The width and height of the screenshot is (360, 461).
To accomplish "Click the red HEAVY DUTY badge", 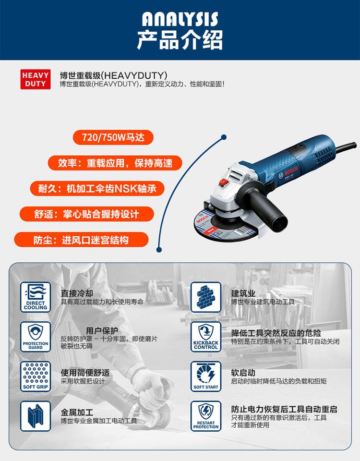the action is point(35,79).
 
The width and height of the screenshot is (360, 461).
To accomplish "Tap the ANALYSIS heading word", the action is point(180,19).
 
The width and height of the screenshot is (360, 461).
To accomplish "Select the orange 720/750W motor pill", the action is point(113,137).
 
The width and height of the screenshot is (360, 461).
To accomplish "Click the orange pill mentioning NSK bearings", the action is point(97,188).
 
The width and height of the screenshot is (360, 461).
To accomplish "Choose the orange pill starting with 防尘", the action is point(81,240).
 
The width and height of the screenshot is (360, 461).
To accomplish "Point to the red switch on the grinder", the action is point(224,182).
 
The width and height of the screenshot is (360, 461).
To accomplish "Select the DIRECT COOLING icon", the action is point(36,297).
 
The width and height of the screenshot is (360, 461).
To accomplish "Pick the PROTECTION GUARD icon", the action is point(36,337).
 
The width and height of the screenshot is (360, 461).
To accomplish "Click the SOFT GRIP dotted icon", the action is point(36,376).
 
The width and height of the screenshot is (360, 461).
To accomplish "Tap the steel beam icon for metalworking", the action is point(36,416).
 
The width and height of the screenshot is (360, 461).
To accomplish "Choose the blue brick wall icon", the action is point(206,297).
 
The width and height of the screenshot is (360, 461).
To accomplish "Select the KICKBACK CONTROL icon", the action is point(206,337).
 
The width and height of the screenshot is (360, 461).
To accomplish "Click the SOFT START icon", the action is point(206,376).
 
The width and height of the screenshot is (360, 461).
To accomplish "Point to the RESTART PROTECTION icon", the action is point(206,416).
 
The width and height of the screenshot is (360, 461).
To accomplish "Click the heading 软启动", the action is point(243,373).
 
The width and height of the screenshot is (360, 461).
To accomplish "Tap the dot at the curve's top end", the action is point(224,137).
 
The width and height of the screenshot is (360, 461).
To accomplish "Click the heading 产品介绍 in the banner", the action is point(180,40).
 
